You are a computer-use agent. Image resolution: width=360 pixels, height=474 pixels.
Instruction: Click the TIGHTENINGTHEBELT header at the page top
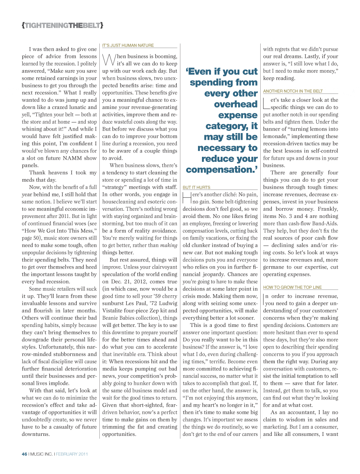[x=63, y=26]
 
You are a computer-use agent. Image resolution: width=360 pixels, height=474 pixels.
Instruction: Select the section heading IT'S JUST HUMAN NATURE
[x=128, y=45]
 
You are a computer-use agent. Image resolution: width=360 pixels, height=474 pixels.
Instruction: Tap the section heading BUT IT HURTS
[x=196, y=187]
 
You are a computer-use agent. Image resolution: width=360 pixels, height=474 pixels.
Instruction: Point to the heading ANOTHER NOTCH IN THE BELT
[x=293, y=91]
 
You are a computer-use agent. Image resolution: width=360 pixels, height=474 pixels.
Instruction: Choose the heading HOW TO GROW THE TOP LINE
[x=292, y=287]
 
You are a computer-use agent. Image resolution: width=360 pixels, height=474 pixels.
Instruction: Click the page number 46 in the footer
[x=24, y=454]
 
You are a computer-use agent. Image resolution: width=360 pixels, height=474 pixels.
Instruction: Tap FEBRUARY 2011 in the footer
[x=72, y=454]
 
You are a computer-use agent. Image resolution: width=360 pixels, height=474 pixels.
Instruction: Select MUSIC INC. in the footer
[x=41, y=454]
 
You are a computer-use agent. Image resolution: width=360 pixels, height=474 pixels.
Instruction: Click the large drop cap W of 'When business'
[x=109, y=60]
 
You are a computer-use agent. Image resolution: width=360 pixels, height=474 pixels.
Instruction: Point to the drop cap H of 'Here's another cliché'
[x=187, y=198]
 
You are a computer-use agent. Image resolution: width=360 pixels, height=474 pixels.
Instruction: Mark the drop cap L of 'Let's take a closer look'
[x=266, y=103]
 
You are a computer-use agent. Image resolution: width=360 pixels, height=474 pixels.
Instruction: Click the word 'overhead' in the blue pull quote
[x=235, y=104]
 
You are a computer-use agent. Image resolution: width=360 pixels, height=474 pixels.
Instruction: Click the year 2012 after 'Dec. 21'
[x=140, y=282]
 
